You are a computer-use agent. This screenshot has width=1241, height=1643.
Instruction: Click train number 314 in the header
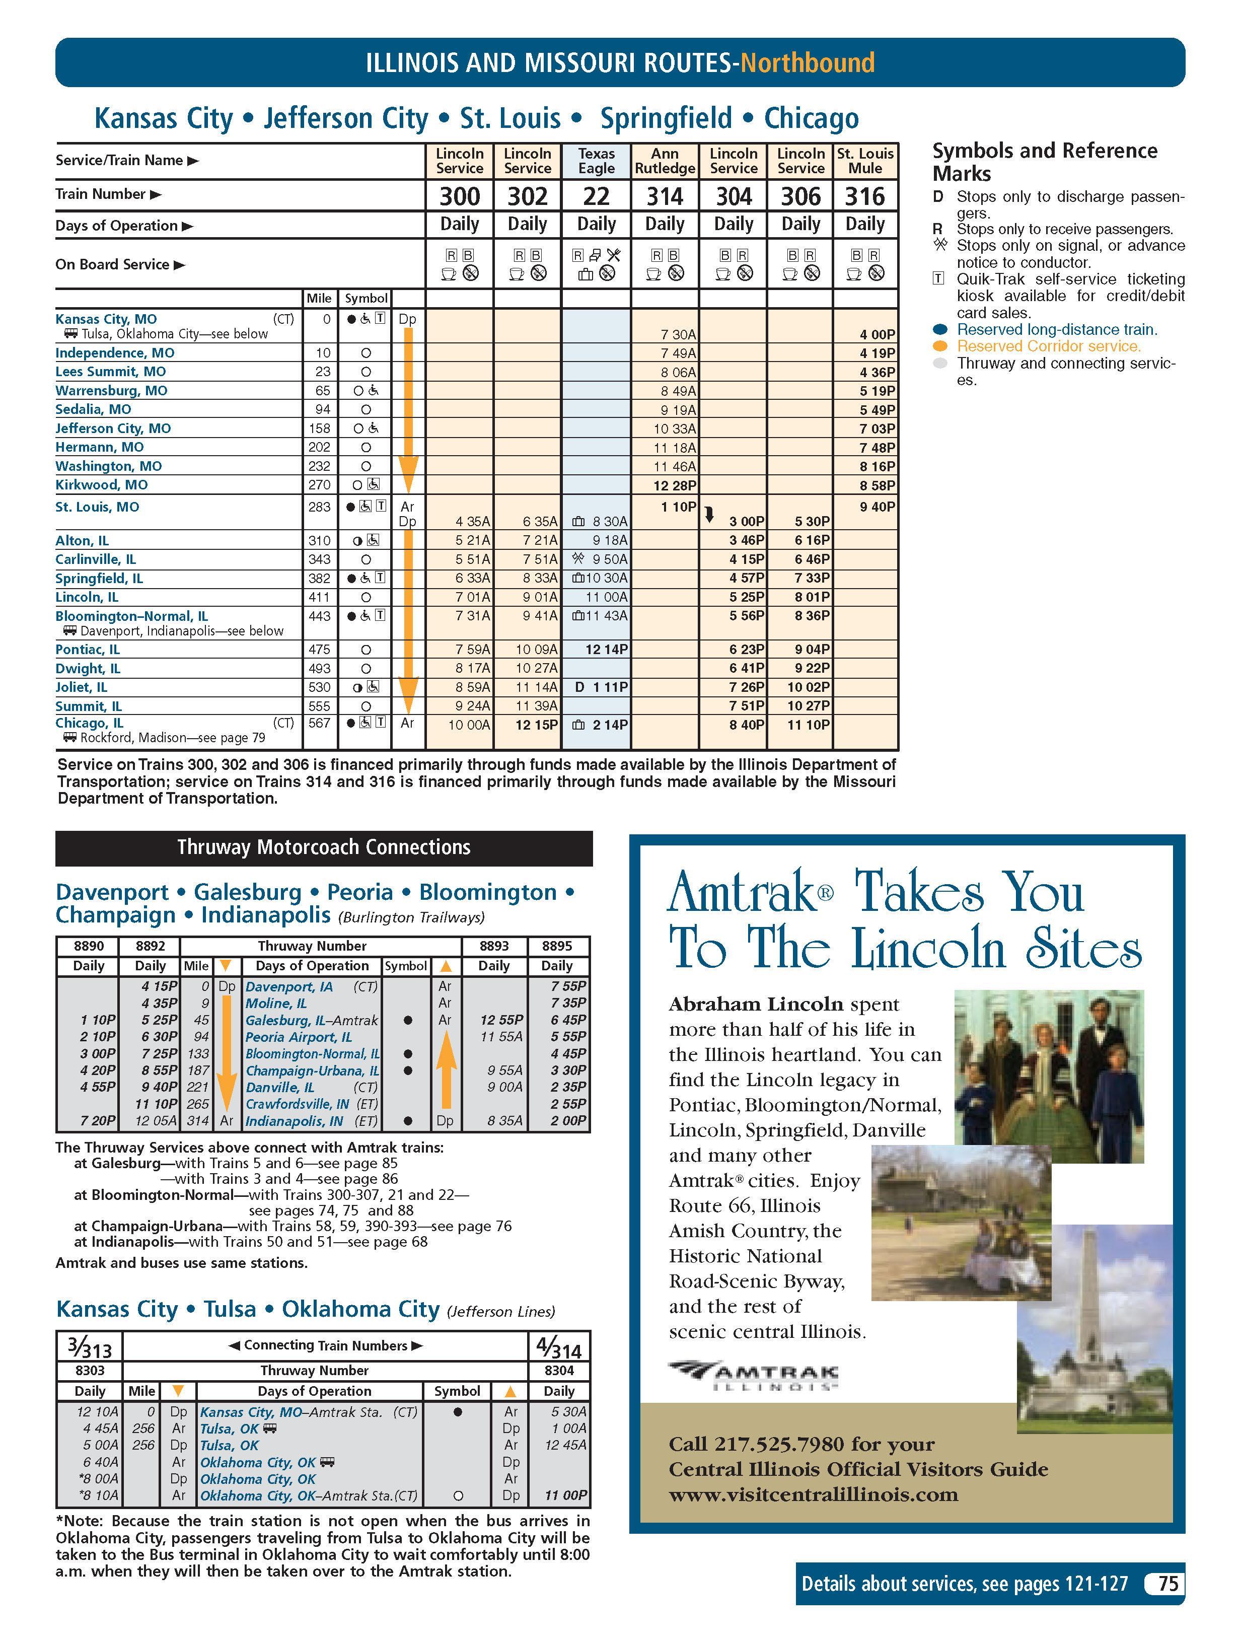(x=664, y=196)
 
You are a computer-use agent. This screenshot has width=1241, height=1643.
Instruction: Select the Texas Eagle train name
(x=597, y=161)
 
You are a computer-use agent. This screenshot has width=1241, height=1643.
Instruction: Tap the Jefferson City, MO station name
(x=113, y=428)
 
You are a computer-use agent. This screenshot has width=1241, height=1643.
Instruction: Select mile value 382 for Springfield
(x=319, y=579)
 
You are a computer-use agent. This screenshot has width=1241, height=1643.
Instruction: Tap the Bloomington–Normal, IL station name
(x=131, y=616)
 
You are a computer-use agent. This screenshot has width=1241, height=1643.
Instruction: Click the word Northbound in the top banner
(x=808, y=62)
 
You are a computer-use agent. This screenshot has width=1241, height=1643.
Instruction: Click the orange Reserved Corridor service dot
(x=940, y=346)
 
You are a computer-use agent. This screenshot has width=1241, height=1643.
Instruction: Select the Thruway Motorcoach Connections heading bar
(x=324, y=847)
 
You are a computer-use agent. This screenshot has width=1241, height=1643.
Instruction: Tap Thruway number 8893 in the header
(x=494, y=946)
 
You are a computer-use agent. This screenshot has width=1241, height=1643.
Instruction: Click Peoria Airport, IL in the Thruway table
(x=299, y=1037)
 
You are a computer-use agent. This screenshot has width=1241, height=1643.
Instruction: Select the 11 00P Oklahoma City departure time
(x=565, y=1495)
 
